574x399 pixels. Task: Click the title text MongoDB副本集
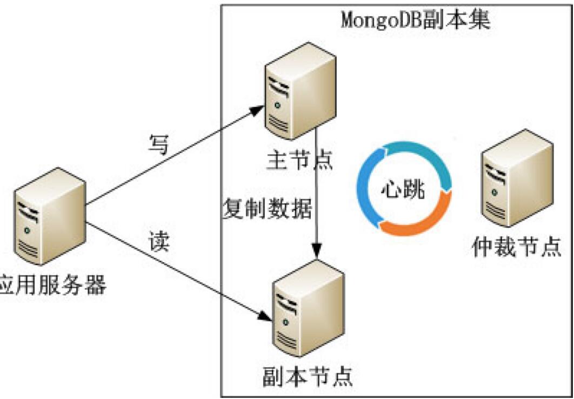pos(416,19)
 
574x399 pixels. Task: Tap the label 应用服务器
pos(51,285)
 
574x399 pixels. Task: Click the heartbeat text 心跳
pos(403,190)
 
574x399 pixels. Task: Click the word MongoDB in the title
pos(377,19)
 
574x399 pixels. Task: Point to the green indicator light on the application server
pos(25,231)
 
